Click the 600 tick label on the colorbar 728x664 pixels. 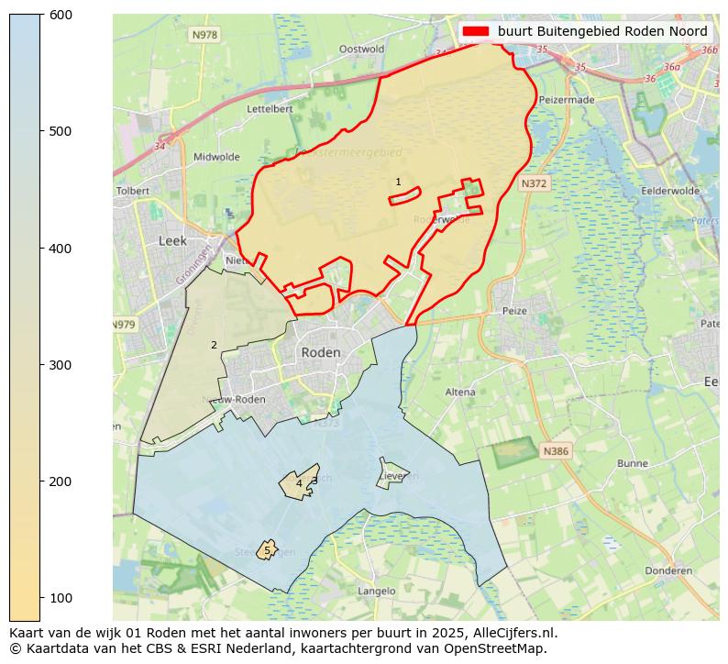61,15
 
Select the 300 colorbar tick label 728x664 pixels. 61,365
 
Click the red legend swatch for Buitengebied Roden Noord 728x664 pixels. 476,31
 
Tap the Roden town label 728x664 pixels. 320,352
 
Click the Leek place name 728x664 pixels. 172,240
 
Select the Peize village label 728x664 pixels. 514,311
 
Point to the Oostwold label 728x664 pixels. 361,50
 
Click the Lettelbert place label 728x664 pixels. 270,108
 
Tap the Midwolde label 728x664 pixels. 216,157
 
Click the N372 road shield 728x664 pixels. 534,184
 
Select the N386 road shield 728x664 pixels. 555,451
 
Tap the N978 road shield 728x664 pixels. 204,35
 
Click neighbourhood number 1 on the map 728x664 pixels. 398,183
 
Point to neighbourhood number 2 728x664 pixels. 214,346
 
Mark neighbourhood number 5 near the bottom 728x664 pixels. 267,551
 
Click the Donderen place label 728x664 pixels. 668,570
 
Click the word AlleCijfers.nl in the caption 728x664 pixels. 511,633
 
